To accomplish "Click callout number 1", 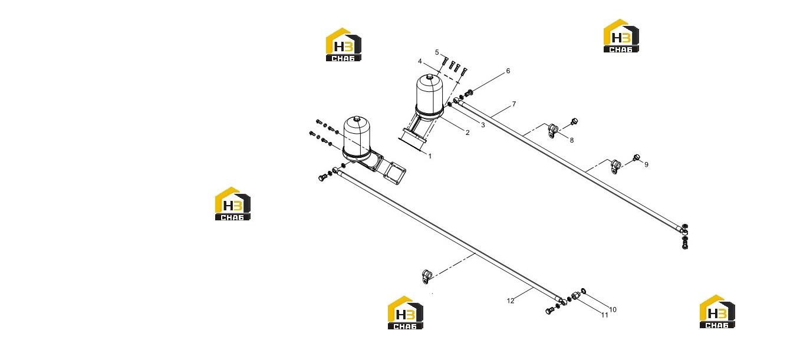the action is [x=430, y=156].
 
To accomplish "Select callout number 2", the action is [x=468, y=133].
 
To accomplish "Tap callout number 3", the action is [x=483, y=125].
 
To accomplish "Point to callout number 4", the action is [x=420, y=61].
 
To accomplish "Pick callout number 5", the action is [x=437, y=52].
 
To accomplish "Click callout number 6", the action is [x=508, y=71].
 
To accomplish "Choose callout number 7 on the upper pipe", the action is [x=514, y=104].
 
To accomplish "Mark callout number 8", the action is [x=571, y=140].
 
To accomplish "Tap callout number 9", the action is [x=646, y=164].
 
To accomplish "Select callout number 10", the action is [x=613, y=310].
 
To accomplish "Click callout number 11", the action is [x=604, y=315].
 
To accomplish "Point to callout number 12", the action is [x=511, y=300].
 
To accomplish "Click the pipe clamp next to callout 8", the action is [x=553, y=131].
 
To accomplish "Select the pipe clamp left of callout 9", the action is [x=615, y=166].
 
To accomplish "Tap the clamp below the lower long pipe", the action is [x=427, y=276].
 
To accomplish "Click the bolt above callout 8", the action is [x=574, y=121].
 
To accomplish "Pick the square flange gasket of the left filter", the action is [x=394, y=173].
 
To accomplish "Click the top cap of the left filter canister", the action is [x=357, y=118].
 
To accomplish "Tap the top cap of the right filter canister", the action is [x=430, y=77].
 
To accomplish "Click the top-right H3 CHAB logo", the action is [x=621, y=36].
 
